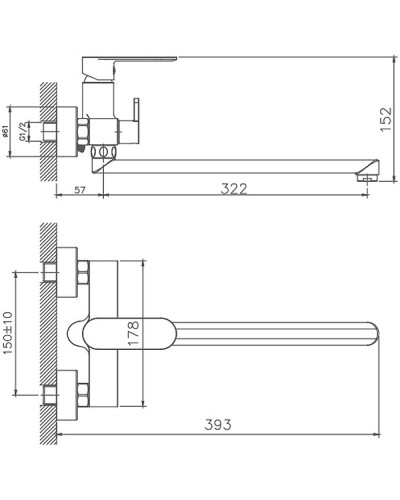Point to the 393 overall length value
click(218, 425)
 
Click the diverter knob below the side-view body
click(101, 153)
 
